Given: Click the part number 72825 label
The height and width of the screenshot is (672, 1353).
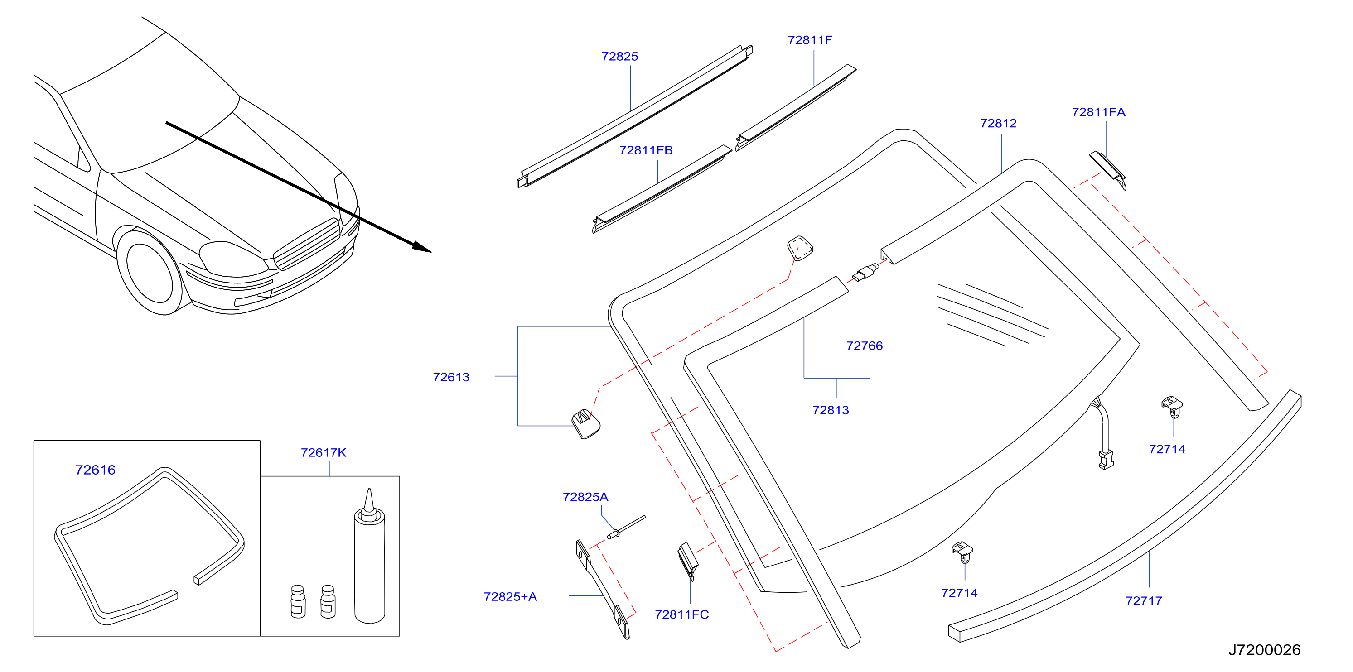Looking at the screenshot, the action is click(620, 56).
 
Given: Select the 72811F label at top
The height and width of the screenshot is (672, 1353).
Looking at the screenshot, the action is click(810, 40).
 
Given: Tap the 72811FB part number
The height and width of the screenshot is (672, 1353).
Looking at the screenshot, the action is click(646, 150).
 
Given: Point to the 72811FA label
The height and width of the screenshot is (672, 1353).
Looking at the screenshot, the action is click(1099, 112).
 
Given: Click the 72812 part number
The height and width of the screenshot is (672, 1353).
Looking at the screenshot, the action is click(999, 123).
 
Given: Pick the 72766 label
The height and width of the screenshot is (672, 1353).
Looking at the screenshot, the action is click(865, 346).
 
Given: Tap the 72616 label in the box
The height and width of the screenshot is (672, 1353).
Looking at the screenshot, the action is click(95, 470).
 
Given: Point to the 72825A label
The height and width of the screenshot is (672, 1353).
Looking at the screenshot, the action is click(585, 497).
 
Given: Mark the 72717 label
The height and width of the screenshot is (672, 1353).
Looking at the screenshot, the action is click(1144, 600).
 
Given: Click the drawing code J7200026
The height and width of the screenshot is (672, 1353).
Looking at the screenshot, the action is click(1265, 650).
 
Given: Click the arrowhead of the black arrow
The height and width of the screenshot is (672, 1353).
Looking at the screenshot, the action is click(422, 247).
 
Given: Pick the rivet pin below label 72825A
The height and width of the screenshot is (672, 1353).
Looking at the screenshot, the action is click(626, 527).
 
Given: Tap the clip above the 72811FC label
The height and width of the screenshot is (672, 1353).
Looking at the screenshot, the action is click(687, 561).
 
